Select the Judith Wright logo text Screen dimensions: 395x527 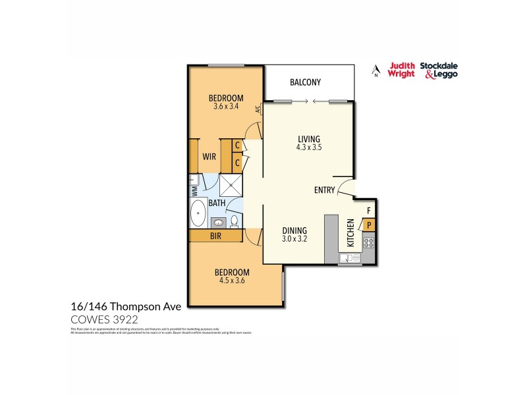coord(402,70)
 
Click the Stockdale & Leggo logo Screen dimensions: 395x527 coord(441,70)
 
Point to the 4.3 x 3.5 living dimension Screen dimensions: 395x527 coord(308,148)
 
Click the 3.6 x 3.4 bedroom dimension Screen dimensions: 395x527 coord(225,107)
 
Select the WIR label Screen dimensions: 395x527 coord(209,157)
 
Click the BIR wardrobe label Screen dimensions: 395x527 coord(215,235)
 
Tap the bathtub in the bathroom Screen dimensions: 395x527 coord(198,213)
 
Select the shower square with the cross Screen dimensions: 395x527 coord(231,183)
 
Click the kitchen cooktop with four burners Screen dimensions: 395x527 coord(369,243)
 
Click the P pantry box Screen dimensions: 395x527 coord(370,225)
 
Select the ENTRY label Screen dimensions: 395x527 coord(324,190)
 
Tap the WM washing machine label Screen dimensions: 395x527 coord(194,192)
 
